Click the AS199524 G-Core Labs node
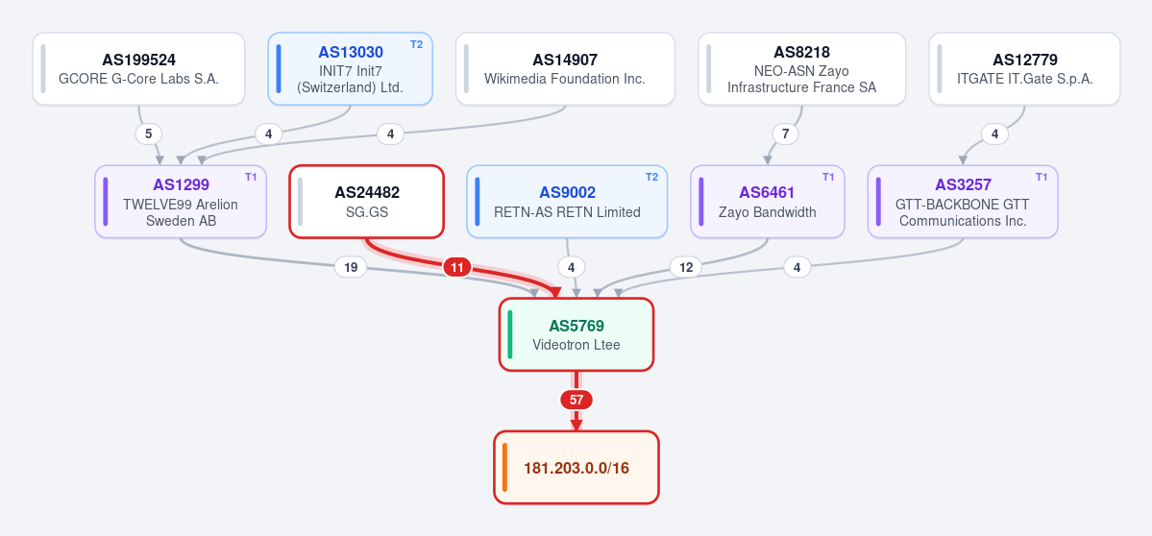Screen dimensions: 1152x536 (x=139, y=69)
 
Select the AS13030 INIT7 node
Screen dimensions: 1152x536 (x=351, y=69)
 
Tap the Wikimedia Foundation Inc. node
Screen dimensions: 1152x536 (x=565, y=69)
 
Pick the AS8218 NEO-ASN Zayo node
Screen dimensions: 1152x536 (x=801, y=69)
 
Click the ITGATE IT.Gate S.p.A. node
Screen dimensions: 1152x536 (x=1024, y=69)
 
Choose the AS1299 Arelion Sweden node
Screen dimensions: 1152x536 (x=181, y=202)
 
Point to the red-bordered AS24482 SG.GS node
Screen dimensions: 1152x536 (x=367, y=202)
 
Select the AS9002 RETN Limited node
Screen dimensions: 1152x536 (x=567, y=202)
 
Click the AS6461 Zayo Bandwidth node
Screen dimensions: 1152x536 (x=767, y=202)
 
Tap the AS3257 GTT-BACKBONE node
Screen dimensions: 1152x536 (x=963, y=202)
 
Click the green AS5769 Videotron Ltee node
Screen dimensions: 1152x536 (x=576, y=335)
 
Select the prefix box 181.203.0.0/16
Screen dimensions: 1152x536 (x=576, y=468)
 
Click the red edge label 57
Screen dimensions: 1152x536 (x=576, y=401)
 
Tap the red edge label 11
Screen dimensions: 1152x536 (x=457, y=267)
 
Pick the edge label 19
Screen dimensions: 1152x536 (x=351, y=267)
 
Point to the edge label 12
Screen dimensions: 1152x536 (x=686, y=267)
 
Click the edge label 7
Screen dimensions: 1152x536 (x=785, y=134)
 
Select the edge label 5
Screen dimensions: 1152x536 (x=148, y=134)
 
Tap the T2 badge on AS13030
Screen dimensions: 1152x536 (x=417, y=44)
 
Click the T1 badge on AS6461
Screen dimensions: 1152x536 (x=828, y=177)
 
